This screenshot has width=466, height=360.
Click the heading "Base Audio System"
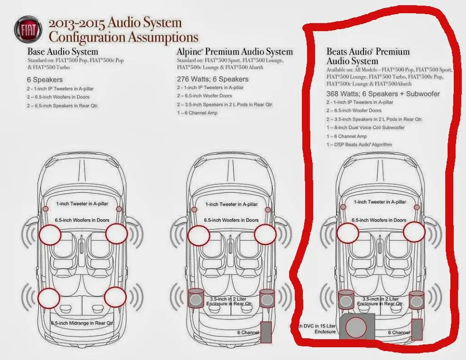(63, 51)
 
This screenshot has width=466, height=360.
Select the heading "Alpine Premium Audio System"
(234, 51)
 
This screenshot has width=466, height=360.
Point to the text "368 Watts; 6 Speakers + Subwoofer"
(383, 94)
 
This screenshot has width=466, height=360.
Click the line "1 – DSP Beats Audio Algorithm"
(359, 145)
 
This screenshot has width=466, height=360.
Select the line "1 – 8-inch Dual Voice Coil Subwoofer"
(365, 128)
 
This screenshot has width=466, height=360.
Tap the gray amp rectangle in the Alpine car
(266, 332)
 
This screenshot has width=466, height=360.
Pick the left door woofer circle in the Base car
(50, 234)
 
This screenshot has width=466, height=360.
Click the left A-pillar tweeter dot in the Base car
(46, 209)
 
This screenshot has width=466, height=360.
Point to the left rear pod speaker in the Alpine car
(195, 298)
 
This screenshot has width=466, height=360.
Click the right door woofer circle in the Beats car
(414, 231)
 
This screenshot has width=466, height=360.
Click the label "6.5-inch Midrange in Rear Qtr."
(83, 323)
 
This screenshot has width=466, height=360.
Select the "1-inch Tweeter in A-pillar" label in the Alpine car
(231, 204)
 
